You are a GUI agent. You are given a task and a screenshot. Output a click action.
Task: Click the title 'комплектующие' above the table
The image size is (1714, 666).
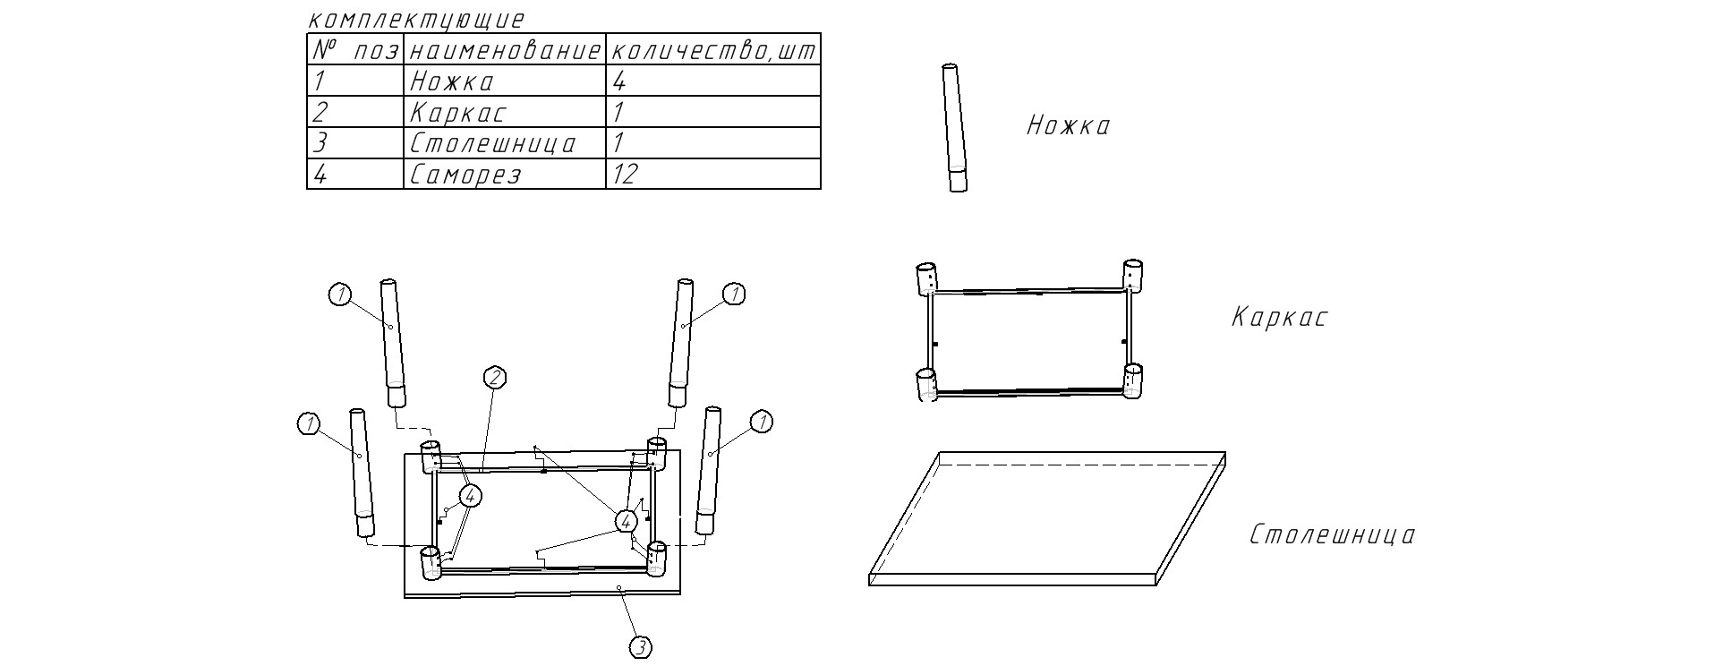(x=414, y=20)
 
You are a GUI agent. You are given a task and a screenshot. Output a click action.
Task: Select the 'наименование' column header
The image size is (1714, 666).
(x=505, y=51)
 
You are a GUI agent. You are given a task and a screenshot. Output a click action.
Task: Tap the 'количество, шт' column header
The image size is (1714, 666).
(x=713, y=51)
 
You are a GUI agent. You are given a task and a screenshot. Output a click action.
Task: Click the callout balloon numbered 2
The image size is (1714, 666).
(x=495, y=379)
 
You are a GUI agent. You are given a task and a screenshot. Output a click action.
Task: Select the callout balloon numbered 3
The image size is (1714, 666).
(x=641, y=647)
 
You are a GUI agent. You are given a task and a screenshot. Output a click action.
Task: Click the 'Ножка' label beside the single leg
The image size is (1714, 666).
(x=1068, y=125)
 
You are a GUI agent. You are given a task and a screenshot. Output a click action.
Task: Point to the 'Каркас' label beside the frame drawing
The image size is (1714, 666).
(x=1279, y=318)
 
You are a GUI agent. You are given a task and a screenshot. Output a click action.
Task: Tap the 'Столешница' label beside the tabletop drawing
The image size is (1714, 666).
(x=1333, y=535)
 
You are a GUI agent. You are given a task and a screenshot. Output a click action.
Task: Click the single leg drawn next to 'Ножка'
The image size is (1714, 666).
(x=954, y=128)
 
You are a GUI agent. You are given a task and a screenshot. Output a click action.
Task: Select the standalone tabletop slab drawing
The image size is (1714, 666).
(x=1047, y=518)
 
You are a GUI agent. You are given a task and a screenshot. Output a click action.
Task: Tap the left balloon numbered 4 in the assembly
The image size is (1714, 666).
(x=471, y=495)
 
